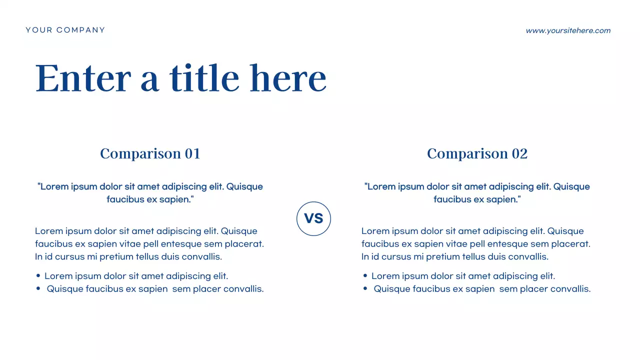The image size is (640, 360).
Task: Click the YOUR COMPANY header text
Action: (x=65, y=30)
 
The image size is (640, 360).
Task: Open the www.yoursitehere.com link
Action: (x=568, y=30)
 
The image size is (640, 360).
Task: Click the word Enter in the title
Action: (x=83, y=78)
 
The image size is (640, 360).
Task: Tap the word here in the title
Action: (x=288, y=78)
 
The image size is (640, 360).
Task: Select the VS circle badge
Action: (x=313, y=218)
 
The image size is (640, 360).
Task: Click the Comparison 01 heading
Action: (x=150, y=153)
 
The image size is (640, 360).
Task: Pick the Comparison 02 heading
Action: (x=477, y=153)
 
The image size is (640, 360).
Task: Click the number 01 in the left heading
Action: (x=192, y=153)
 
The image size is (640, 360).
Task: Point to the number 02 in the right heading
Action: (x=519, y=153)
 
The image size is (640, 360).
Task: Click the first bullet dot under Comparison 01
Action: (x=38, y=276)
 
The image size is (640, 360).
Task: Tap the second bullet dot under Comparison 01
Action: (x=38, y=288)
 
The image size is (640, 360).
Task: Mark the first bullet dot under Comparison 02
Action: (x=365, y=276)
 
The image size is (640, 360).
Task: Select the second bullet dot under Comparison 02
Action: (x=365, y=288)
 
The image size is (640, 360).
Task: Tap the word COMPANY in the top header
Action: (x=81, y=30)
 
